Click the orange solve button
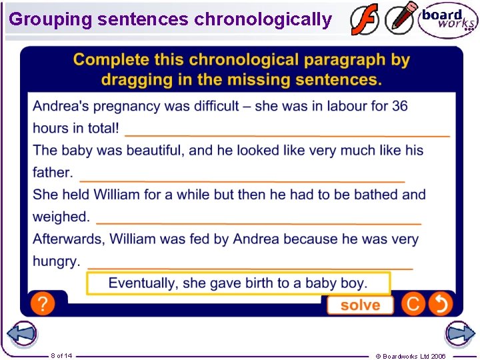pos(360,305)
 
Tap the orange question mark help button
pos(43,304)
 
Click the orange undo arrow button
pos(441,304)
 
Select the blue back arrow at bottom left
pos(22,333)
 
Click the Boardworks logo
pos(447,20)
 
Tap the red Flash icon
pos(365,20)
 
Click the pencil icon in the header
pos(401,19)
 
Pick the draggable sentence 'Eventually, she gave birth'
pos(238,283)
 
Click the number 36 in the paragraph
pos(399,106)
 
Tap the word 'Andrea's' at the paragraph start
pos(61,106)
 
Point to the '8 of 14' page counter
pos(61,355)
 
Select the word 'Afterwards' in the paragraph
pos(69,239)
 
